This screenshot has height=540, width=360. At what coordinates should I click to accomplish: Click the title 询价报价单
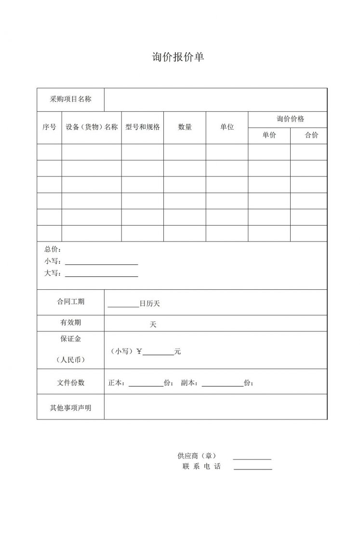(x=179, y=57)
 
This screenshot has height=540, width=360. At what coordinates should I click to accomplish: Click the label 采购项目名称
(x=70, y=99)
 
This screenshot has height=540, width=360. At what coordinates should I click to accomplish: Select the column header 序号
(x=49, y=127)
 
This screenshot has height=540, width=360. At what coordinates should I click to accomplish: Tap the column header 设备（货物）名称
(x=92, y=127)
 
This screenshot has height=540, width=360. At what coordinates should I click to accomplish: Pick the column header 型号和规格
(x=143, y=127)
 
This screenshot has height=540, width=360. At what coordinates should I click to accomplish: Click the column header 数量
(x=185, y=127)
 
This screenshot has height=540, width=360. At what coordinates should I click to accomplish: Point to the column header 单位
(x=227, y=127)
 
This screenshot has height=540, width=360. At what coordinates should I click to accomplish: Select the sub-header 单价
(x=269, y=135)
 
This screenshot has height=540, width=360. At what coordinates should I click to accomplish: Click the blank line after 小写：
(x=101, y=264)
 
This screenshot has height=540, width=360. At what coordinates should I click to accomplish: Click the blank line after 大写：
(x=101, y=276)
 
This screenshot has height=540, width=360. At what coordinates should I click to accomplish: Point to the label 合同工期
(x=70, y=302)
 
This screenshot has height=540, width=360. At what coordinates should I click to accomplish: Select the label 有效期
(x=70, y=323)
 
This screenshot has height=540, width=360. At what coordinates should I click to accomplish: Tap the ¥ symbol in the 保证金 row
(x=139, y=351)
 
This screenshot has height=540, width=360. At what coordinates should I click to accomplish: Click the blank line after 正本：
(x=146, y=386)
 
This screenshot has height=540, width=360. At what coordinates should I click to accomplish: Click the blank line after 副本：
(x=223, y=386)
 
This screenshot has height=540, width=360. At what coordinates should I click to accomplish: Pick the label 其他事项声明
(x=70, y=408)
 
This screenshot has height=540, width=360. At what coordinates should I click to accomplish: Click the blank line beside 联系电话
(x=253, y=468)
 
